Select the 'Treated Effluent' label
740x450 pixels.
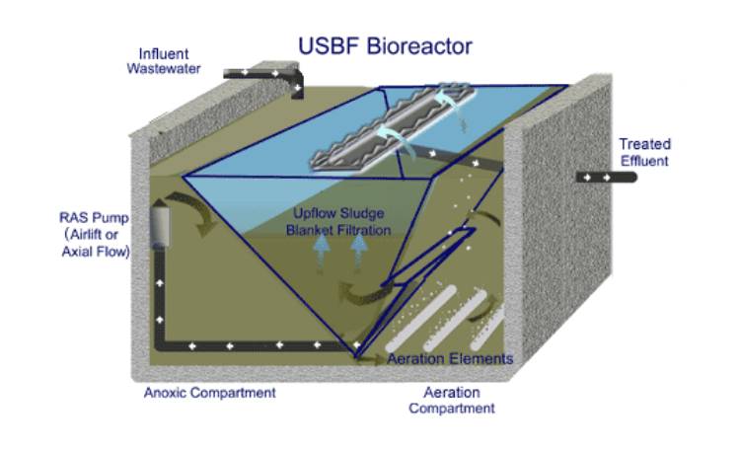[x=643, y=152]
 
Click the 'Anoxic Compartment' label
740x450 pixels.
[x=209, y=393]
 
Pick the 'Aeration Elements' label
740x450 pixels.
[x=450, y=358]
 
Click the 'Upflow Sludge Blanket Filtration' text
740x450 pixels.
[x=338, y=221]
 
